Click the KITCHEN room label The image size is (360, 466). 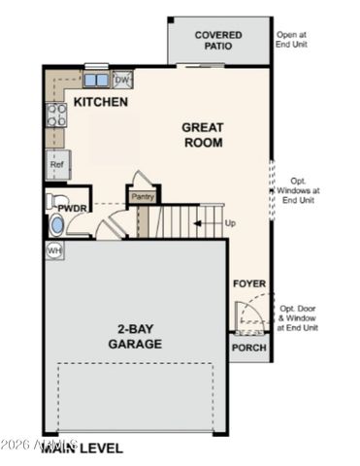pos(100,101)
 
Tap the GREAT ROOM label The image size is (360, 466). pos(203,135)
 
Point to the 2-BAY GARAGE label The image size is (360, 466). pos(135,336)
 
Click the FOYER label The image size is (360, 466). pos(249,283)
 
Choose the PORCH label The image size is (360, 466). pos(248,348)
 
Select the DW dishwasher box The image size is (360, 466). pos(122,79)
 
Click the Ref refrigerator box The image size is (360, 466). pos(57,165)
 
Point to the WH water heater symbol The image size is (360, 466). pos(54,250)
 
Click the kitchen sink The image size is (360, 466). pos(96,79)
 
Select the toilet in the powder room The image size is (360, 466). pos(54,202)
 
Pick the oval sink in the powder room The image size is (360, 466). pos(56,226)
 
